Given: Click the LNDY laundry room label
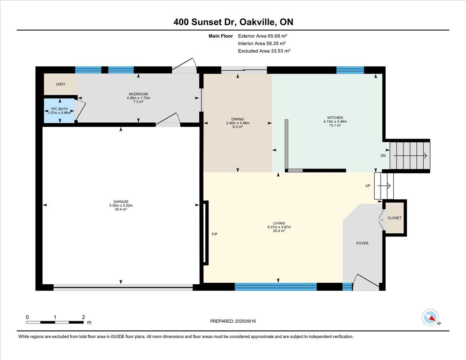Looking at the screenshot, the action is point(61,84).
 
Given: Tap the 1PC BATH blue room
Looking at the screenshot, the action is point(59,111).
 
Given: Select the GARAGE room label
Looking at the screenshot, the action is point(121,202).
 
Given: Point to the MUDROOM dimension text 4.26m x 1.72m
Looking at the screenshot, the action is point(138,98).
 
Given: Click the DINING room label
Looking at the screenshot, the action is point(238,119).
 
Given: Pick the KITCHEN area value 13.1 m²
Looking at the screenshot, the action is point(335,125).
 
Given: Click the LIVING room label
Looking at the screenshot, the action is point(279,223).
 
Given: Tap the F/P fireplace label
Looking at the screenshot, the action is point(214,234).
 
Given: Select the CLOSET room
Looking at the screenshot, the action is point(395,218).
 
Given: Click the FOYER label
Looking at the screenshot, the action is point(362,243).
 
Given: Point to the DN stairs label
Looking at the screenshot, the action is point(383,156).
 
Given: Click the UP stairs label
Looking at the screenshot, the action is point(368,186).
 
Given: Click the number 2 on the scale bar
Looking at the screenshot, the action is point(83,317).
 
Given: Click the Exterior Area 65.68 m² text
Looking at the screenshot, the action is point(263,36).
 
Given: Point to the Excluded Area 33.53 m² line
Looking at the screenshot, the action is point(264,51).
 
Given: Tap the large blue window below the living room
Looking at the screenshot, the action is point(276,287).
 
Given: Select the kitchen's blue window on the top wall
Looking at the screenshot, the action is point(350,70).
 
